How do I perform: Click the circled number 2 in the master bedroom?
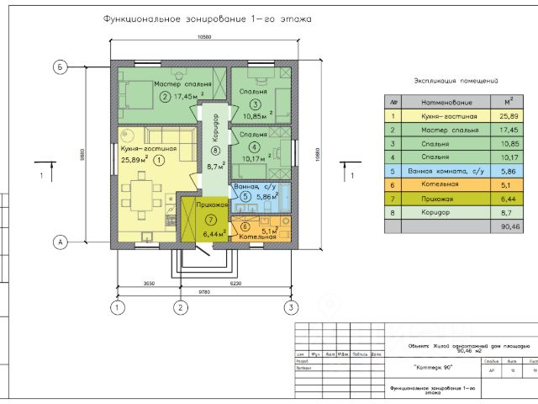pyautogui.click(x=165, y=95)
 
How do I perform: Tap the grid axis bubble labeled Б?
pyautogui.click(x=60, y=66)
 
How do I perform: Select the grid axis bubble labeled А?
pyautogui.click(x=60, y=242)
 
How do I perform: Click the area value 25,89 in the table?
pyautogui.click(x=509, y=116)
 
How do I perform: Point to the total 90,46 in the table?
pyautogui.click(x=509, y=226)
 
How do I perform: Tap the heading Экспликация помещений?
pyautogui.click(x=452, y=81)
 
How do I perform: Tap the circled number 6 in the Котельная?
pyautogui.click(x=245, y=226)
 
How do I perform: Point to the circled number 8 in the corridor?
pyautogui.click(x=215, y=151)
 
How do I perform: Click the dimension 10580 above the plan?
pyautogui.click(x=203, y=37)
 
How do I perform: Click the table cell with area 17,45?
pyautogui.click(x=509, y=130)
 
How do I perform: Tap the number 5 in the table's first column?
pyautogui.click(x=392, y=171)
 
